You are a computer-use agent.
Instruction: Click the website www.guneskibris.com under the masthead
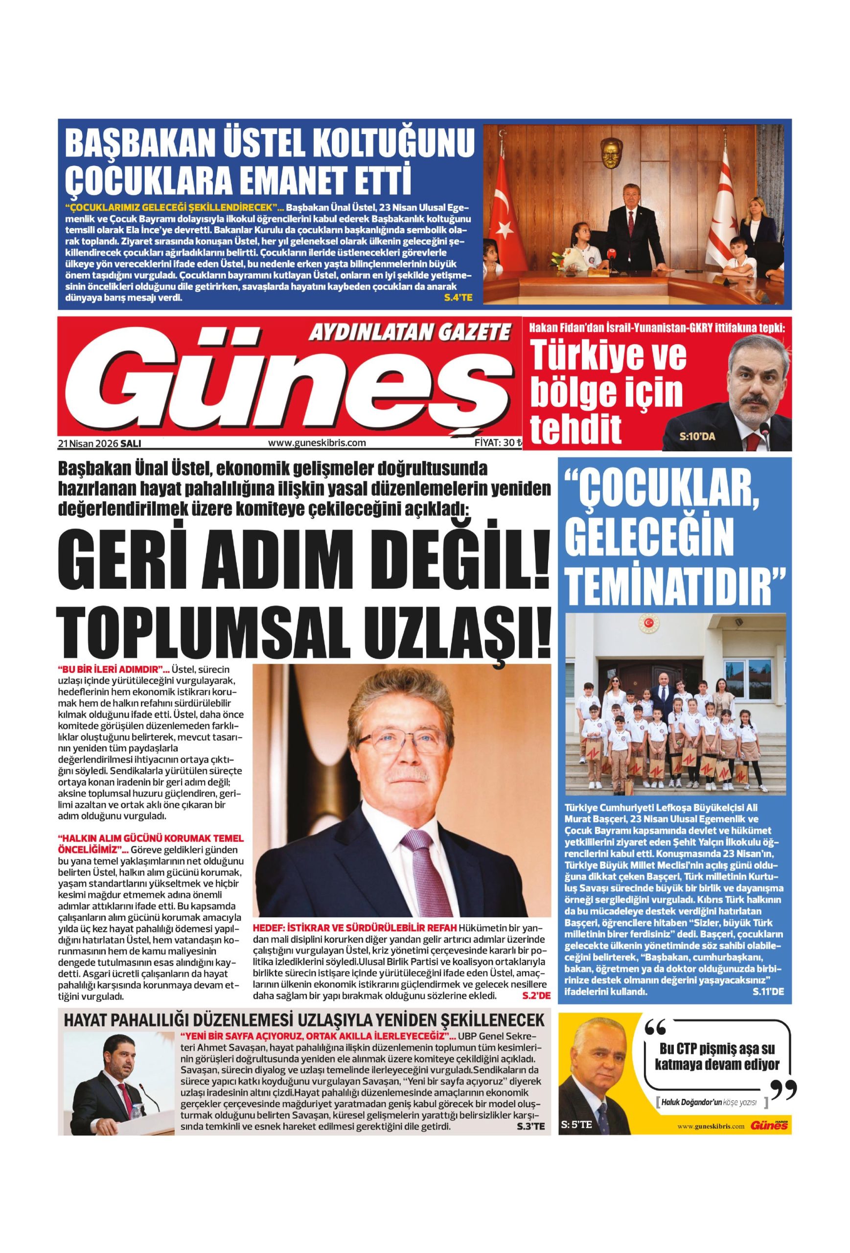(x=317, y=442)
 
